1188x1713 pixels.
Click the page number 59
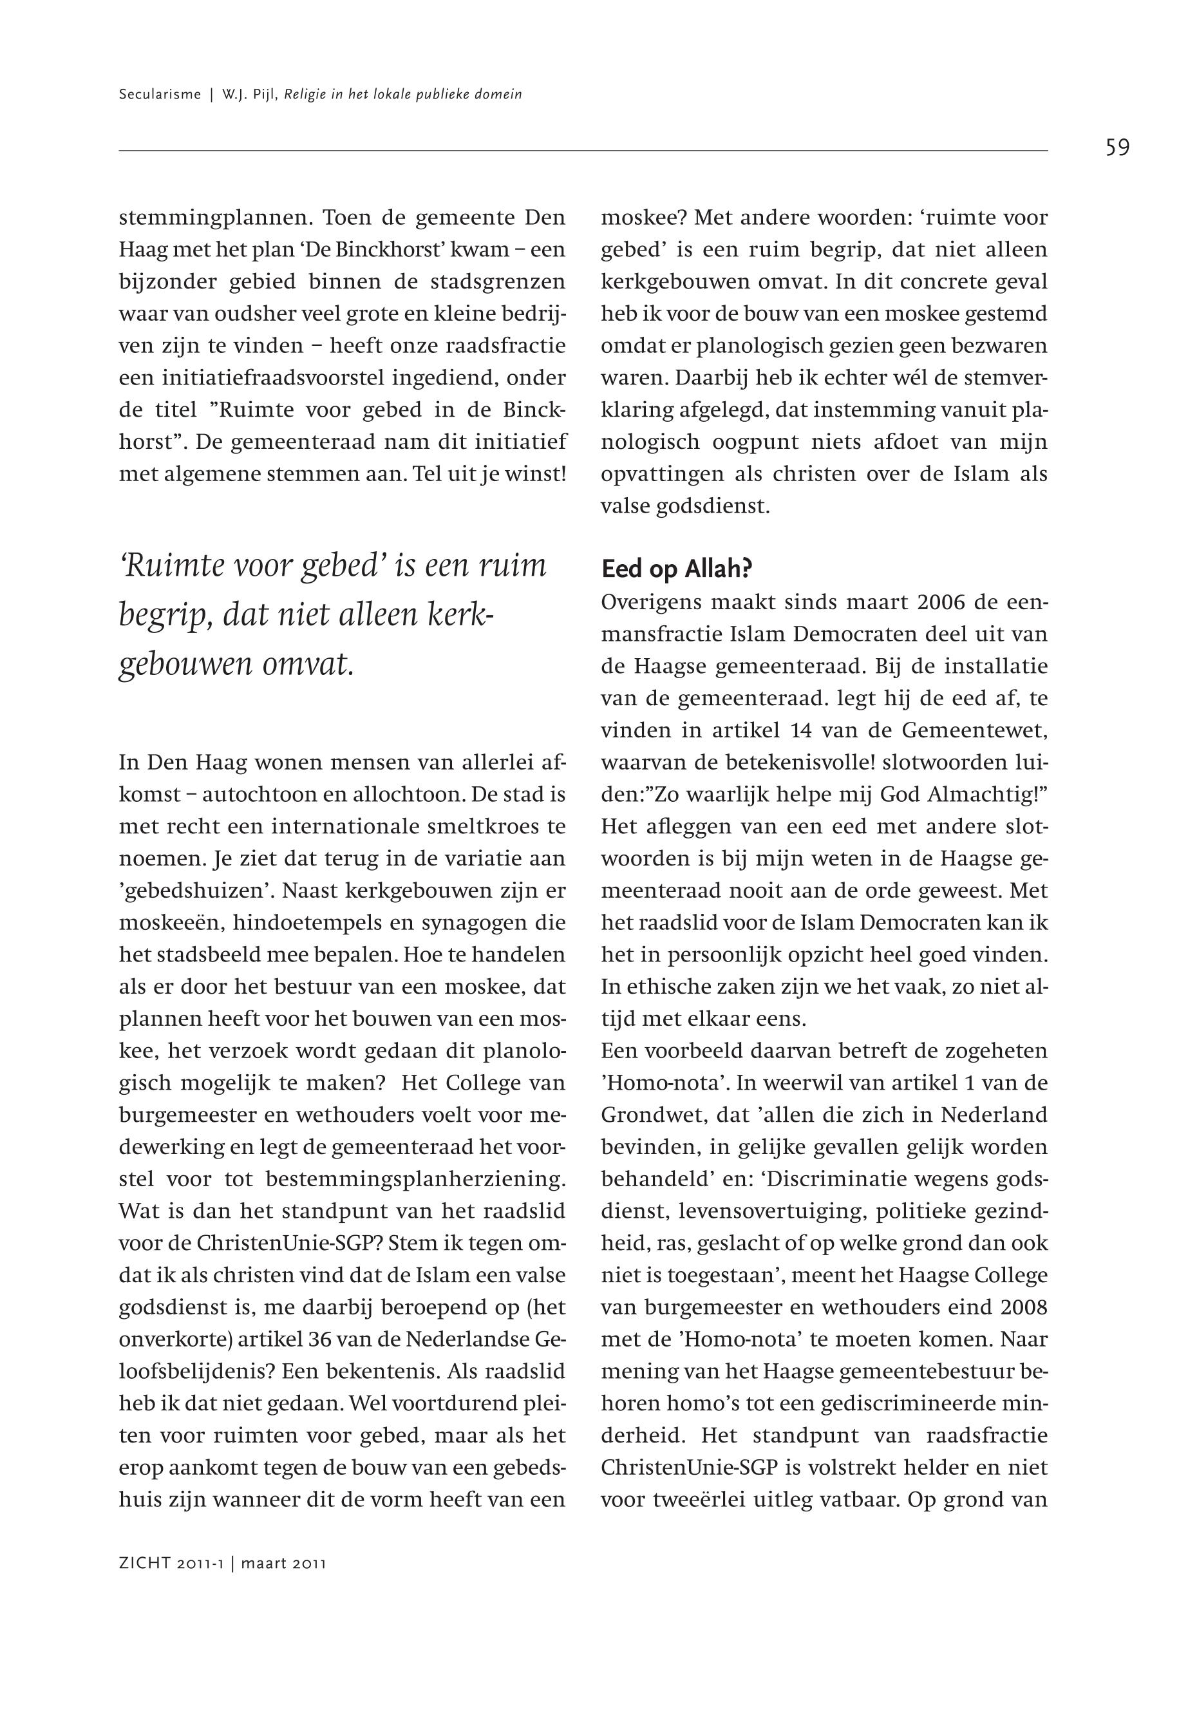[x=1117, y=148]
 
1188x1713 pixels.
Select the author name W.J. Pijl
[x=249, y=95]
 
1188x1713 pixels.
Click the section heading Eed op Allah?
[x=677, y=569]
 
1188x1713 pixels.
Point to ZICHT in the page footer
[x=144, y=1564]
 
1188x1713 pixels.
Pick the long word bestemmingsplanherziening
[x=415, y=1179]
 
